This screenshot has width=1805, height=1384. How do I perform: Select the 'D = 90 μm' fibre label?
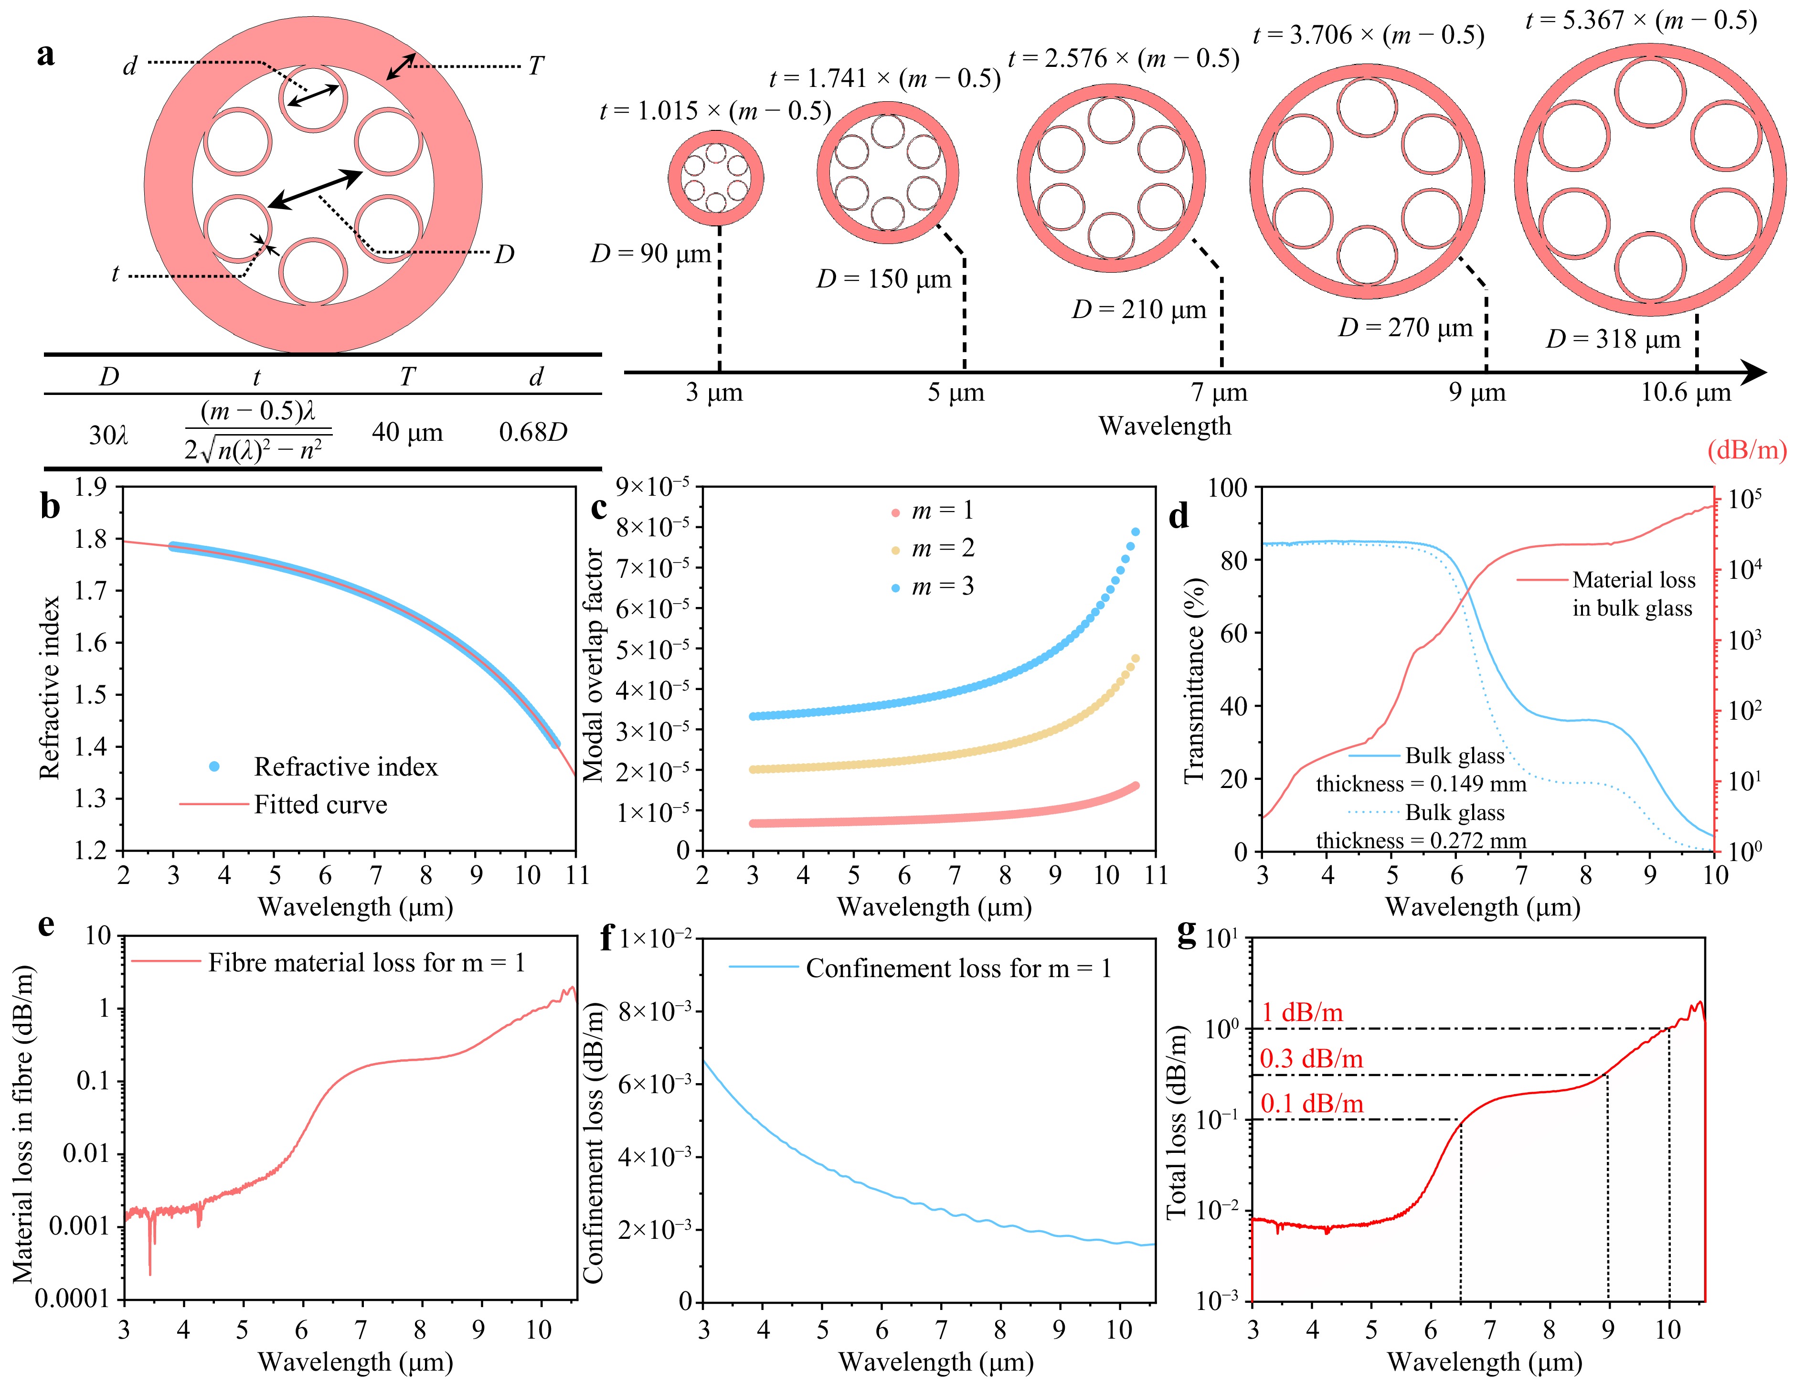pos(651,254)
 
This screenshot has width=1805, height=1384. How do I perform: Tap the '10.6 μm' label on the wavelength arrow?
pos(1686,392)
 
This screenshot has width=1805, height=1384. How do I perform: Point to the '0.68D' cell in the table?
pos(533,432)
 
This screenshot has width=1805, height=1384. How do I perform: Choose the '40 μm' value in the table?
pos(407,432)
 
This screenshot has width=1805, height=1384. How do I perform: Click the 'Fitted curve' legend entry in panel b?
pos(320,804)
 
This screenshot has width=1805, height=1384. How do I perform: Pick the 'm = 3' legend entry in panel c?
pos(943,586)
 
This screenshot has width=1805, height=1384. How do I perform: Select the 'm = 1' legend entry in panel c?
pos(943,511)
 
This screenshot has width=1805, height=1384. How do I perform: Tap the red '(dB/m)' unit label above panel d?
pos(1747,450)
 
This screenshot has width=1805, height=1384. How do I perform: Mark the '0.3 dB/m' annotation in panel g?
pos(1312,1059)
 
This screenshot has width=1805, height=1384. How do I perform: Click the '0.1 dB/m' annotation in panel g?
pos(1312,1104)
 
